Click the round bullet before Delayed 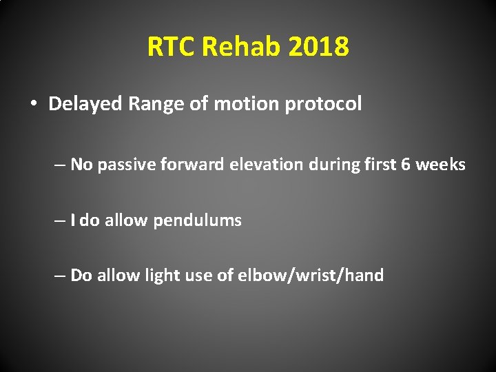[33, 104]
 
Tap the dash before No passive [61, 165]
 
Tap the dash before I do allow [61, 220]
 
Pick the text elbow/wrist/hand [310, 276]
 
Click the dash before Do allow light [61, 276]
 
